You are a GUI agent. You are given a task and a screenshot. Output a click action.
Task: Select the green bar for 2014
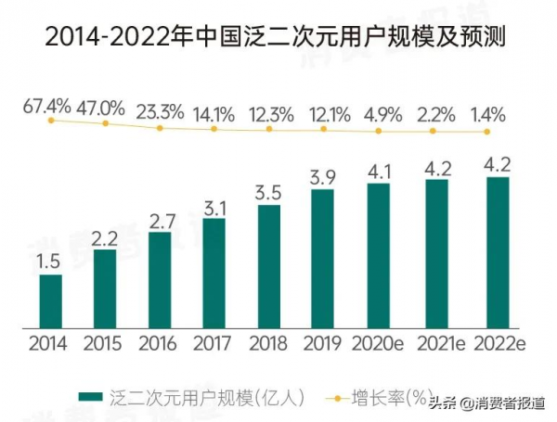coord(50,301)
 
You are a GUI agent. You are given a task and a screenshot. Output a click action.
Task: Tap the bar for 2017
coord(214,274)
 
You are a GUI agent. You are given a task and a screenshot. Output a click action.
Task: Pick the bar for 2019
coord(322,259)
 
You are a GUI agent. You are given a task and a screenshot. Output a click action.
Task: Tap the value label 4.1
coord(378,171)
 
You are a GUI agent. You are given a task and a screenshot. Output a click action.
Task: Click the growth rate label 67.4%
coord(46,106)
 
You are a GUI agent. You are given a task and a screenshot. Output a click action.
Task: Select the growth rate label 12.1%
coord(323,115)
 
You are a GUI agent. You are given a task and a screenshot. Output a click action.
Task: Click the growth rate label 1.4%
coord(486,115)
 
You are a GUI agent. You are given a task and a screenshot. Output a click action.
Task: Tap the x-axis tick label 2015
coord(103,344)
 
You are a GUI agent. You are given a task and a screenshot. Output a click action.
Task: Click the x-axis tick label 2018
coord(267,344)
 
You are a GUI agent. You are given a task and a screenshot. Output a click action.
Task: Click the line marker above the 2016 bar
coord(160,128)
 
